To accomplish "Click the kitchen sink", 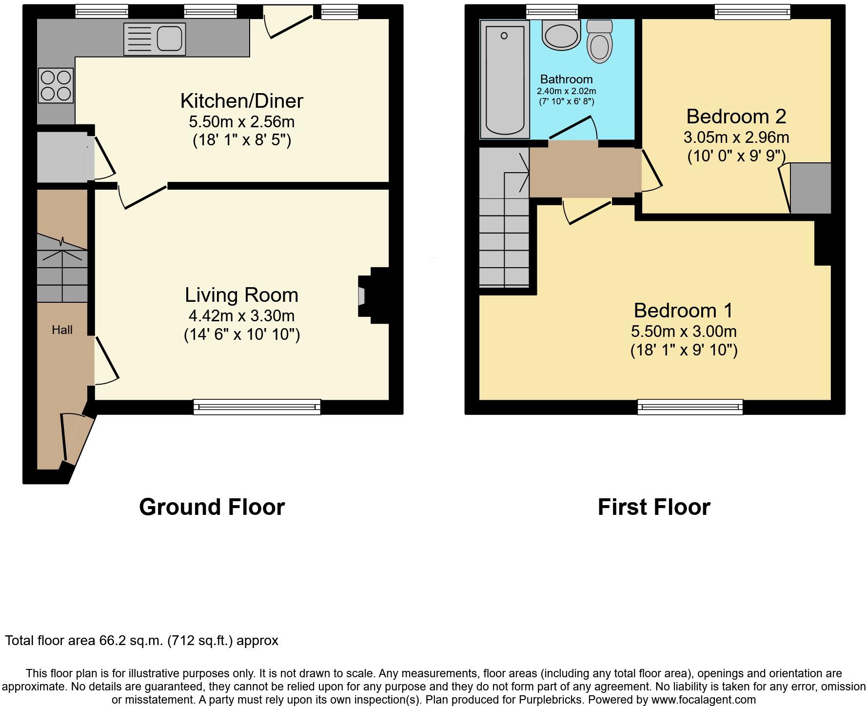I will coord(155,39).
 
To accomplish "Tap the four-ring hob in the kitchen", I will coord(57,85).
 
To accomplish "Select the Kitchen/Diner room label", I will coord(241,101).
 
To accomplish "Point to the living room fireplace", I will coord(373,295).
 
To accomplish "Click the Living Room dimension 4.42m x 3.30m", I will coord(241,316).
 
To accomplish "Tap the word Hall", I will coord(62,330).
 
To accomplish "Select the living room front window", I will coord(256,406).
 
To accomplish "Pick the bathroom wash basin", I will coord(561,35).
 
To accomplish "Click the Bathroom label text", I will coord(566,79).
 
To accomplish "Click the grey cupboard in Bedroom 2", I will coord(810,188).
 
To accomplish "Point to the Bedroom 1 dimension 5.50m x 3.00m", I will coord(683,332).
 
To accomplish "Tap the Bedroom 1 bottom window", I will coord(690,406).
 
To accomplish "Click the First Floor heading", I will coord(653,507).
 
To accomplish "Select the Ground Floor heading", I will coord(212,507).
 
